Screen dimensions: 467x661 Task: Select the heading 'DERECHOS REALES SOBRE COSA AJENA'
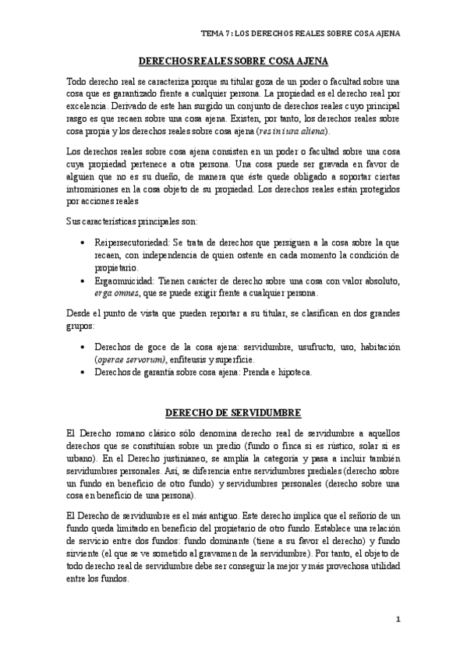(233, 61)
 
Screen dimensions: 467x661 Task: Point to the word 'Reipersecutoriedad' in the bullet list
(129, 243)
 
